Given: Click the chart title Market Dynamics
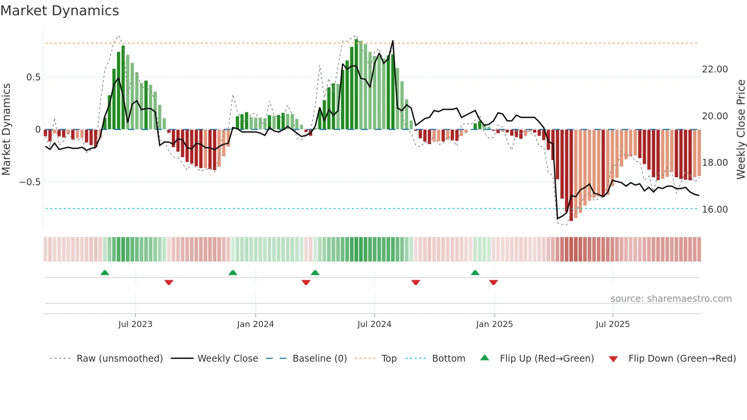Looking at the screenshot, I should point(60,11).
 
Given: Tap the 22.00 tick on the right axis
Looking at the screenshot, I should point(715,69).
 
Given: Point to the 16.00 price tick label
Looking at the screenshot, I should point(715,210).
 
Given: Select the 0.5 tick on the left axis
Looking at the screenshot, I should point(33,77).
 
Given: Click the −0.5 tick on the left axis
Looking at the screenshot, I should point(30,182).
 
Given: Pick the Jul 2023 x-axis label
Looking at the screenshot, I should point(135,324).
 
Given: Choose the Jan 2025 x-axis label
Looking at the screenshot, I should point(494,324).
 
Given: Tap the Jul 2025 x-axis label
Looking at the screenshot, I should point(612,324).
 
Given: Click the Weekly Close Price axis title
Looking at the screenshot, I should point(741,130).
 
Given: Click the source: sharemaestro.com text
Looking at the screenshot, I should point(671,299).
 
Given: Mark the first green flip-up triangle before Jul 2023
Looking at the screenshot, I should point(105,273).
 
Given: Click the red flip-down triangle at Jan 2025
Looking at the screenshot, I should point(494,282).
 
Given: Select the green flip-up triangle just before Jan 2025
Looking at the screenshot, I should point(475,273).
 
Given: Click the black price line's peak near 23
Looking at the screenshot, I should point(393,41).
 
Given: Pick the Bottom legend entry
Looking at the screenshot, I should point(448,359).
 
